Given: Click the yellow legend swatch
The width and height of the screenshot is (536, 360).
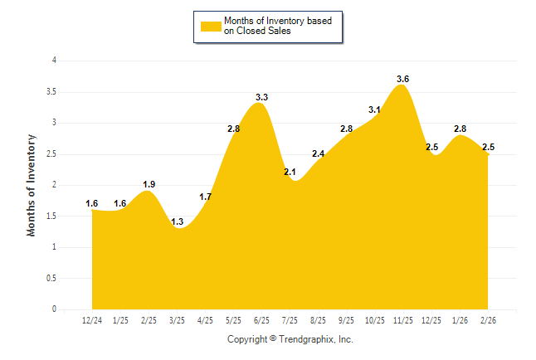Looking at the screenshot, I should [x=211, y=27].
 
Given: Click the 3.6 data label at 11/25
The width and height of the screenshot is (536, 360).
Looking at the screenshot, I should [x=403, y=79].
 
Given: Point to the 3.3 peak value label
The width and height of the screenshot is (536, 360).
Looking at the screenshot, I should [x=261, y=98].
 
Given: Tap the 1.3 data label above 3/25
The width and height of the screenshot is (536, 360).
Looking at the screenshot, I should [x=177, y=222].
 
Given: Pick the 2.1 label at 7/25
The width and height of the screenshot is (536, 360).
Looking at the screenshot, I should [x=290, y=173].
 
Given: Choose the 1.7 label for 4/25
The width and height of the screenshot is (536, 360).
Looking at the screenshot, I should [x=205, y=197].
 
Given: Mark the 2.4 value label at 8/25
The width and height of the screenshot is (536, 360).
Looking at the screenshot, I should [x=319, y=153].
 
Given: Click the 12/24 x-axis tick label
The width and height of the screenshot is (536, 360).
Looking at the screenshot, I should [x=91, y=319].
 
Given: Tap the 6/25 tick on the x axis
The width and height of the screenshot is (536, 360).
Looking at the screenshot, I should [x=261, y=319].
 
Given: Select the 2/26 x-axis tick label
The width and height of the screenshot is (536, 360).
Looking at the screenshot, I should [x=489, y=319].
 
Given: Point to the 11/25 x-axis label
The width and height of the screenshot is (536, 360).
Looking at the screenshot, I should [x=403, y=319].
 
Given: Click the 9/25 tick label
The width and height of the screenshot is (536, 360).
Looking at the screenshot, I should [x=347, y=319].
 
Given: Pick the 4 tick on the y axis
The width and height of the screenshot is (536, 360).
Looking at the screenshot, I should [x=54, y=61].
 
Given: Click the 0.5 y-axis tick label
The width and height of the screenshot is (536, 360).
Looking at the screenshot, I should [x=51, y=278].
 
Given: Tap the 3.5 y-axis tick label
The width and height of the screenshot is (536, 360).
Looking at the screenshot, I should [x=51, y=91].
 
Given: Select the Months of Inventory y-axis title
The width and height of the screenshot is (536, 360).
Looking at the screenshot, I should [x=32, y=185].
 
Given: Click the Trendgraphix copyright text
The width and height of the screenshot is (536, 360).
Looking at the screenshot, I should [x=290, y=339].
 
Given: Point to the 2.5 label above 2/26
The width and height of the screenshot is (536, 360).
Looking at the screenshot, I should [x=489, y=148].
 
